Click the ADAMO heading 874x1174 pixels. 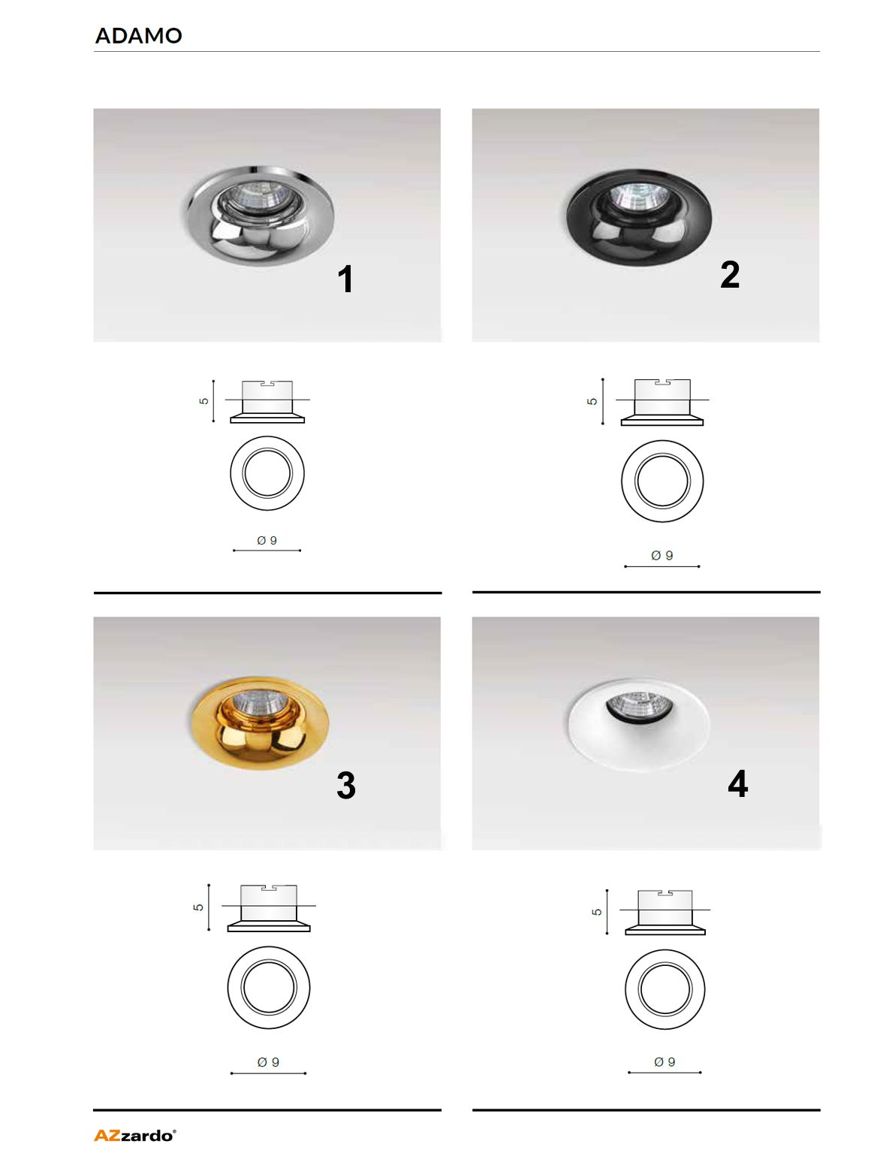(x=139, y=36)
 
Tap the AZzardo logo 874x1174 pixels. (x=135, y=1136)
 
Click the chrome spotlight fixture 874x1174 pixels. (x=261, y=216)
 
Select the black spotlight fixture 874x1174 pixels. (x=639, y=217)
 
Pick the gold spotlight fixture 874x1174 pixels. (x=260, y=723)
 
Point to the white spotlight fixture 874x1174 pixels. (x=638, y=724)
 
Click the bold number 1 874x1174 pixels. (x=345, y=279)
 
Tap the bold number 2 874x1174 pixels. (x=730, y=274)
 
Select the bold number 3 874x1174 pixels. (x=346, y=785)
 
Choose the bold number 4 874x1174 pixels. (x=738, y=783)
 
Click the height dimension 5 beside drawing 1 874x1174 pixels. (x=203, y=400)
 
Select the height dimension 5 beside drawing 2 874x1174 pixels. (x=592, y=401)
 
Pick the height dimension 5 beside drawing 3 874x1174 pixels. (x=198, y=907)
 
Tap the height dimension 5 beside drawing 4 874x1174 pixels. (x=597, y=912)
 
